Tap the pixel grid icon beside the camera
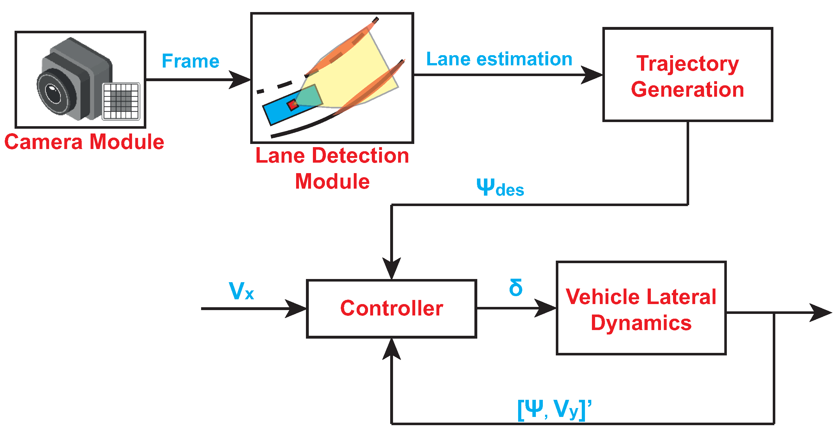[121, 101]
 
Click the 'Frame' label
[191, 61]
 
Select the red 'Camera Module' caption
[84, 142]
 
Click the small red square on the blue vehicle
[292, 105]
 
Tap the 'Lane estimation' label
[499, 59]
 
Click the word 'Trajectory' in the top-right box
[688, 63]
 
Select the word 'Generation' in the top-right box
[688, 89]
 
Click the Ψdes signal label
[500, 188]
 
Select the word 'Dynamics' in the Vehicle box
[641, 323]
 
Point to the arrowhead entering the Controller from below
[392, 348]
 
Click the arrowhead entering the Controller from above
[392, 269]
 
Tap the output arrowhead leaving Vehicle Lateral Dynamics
[822, 313]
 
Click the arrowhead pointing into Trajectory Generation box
[592, 75]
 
